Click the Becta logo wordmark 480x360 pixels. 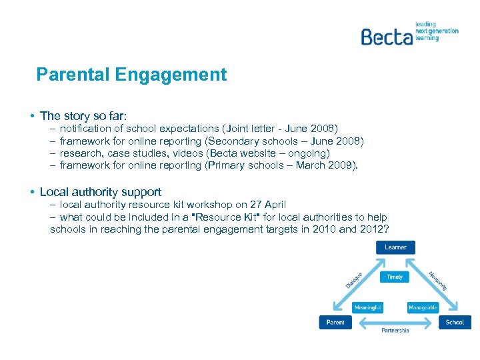(386, 36)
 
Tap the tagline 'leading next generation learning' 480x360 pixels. (437, 31)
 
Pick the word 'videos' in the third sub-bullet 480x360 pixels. (185, 153)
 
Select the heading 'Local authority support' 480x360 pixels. (100, 192)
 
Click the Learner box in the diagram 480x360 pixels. (395, 247)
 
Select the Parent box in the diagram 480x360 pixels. (335, 322)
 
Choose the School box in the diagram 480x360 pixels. (455, 322)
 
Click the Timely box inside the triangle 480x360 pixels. (395, 277)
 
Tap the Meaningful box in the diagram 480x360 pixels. (368, 307)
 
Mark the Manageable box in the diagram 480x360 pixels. (423, 307)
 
